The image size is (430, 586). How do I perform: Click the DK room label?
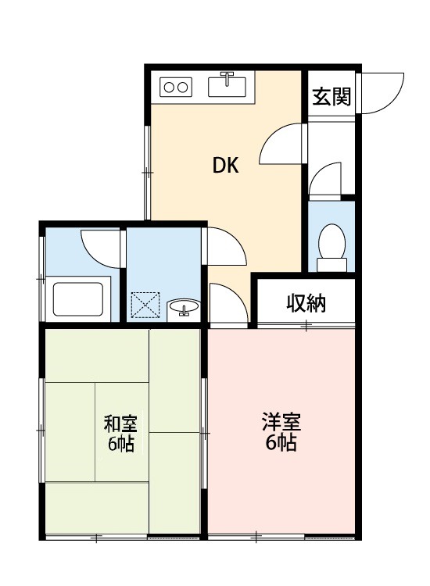(226, 166)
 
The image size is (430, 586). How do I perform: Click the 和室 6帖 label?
(120, 434)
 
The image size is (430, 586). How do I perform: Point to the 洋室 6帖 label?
(281, 433)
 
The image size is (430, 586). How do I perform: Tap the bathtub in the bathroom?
(78, 297)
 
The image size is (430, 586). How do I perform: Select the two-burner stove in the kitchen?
(176, 87)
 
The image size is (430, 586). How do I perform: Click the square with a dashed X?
(145, 305)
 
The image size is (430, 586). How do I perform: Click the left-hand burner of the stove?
(169, 87)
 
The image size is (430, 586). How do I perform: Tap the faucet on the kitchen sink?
(228, 78)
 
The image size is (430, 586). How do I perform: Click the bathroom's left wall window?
(42, 277)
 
